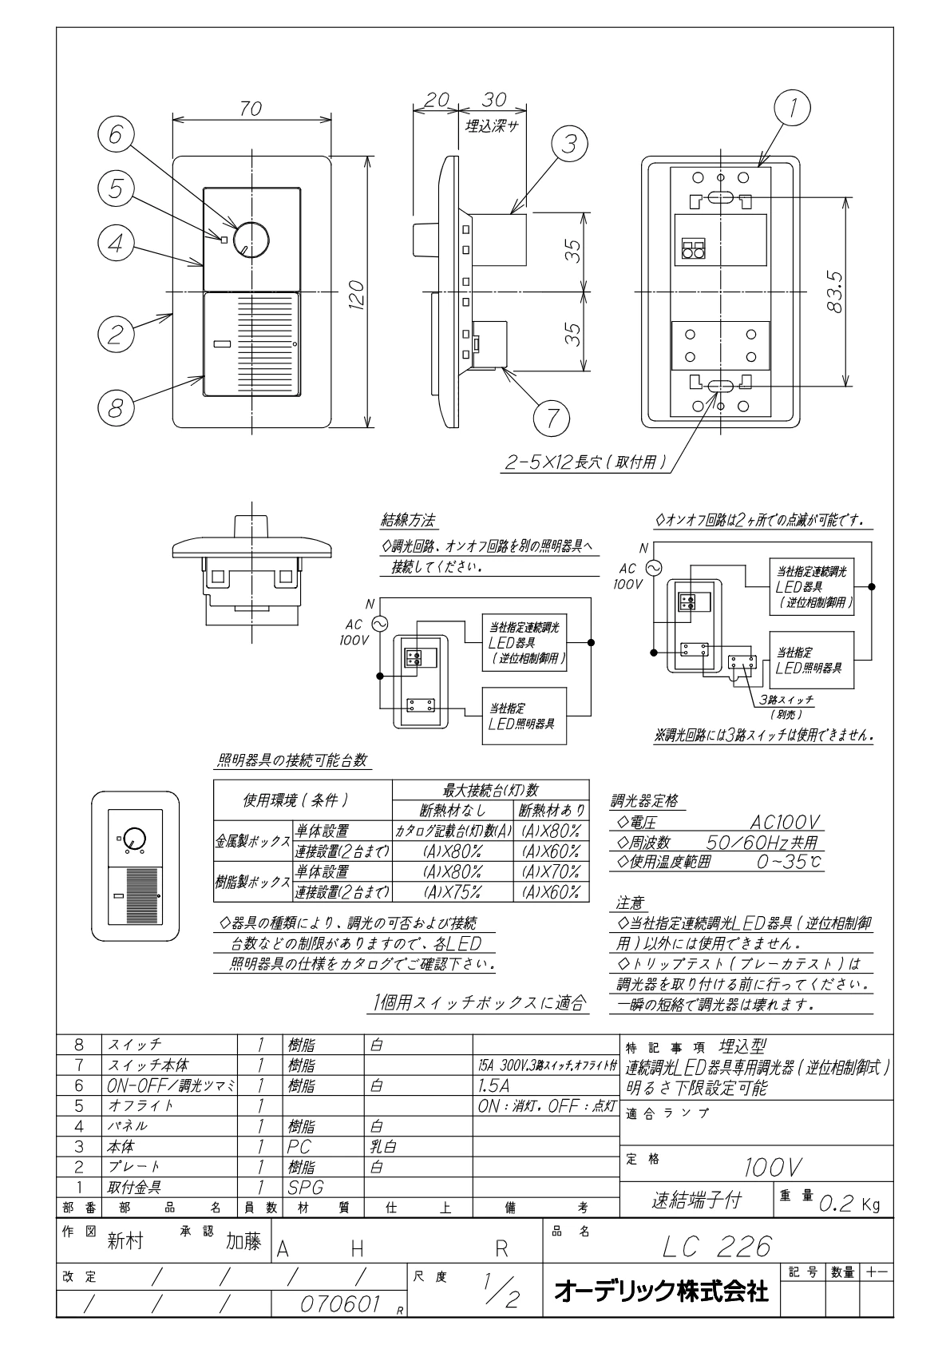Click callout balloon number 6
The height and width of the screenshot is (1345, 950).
[x=117, y=134]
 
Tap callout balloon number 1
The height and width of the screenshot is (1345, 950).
[x=792, y=108]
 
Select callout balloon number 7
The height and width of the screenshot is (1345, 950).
[x=551, y=418]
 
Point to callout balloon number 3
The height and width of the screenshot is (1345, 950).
[x=569, y=144]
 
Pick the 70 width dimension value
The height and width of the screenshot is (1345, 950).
[x=250, y=109]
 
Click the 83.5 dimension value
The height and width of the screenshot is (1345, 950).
[x=834, y=292]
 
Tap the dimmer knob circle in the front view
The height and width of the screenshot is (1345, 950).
[x=251, y=240]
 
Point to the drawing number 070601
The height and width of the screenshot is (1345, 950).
[x=340, y=1304]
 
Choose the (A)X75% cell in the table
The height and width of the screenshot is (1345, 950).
[x=453, y=892]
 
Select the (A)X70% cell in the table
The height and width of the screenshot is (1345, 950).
[x=551, y=872]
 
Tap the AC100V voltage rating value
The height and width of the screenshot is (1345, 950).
[x=785, y=822]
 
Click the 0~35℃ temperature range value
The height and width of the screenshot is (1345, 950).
[x=790, y=863]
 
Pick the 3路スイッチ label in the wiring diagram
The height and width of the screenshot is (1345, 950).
[x=786, y=700]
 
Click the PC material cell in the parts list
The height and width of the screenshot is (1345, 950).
[x=299, y=1147]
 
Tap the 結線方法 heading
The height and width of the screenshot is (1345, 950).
[x=408, y=520]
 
